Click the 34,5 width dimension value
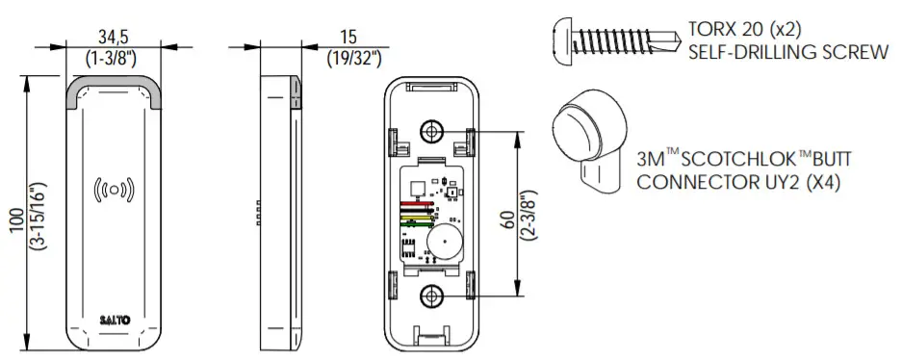(114, 37)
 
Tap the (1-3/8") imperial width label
(114, 58)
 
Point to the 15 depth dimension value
(348, 37)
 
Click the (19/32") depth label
(354, 58)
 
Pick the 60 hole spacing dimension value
(509, 219)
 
